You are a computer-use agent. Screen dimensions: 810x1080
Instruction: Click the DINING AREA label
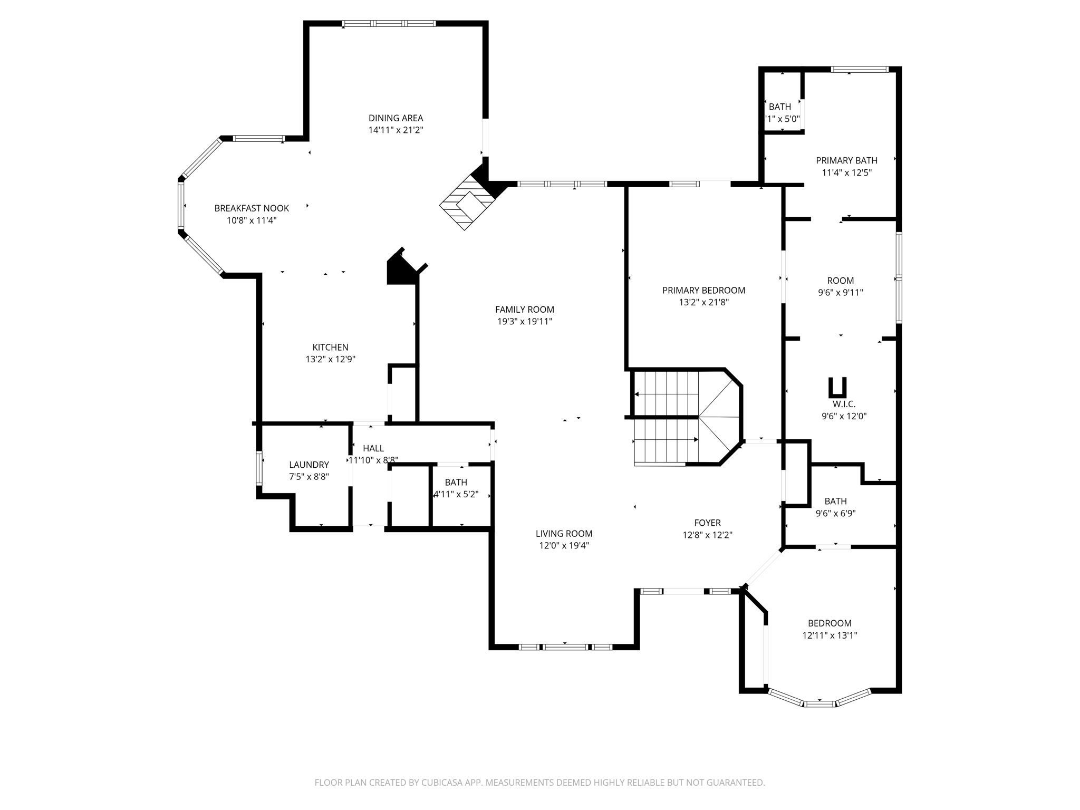coord(396,118)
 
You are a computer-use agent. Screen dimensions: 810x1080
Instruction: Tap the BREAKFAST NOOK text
coord(252,208)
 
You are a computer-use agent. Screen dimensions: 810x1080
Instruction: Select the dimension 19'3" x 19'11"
coord(524,321)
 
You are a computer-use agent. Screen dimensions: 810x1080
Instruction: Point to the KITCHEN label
coord(330,347)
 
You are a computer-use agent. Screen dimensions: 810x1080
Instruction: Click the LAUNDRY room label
coord(308,465)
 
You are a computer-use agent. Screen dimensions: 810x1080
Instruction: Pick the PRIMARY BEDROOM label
coord(703,290)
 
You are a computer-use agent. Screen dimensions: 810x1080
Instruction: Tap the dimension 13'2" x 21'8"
coord(703,302)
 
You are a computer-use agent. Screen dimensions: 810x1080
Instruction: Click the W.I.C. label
coord(844,404)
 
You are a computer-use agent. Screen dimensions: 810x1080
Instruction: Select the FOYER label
coord(707,523)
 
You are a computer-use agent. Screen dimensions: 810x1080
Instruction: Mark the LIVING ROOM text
coord(564,534)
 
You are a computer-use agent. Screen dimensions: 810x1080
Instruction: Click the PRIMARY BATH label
coord(846,160)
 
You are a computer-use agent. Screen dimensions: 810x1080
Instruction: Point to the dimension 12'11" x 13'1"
coord(830,635)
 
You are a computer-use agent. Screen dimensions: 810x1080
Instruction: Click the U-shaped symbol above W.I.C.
coord(837,388)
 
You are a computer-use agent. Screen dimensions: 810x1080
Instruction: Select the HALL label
coord(373,448)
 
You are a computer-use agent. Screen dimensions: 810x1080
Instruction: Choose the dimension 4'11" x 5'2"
coord(456,495)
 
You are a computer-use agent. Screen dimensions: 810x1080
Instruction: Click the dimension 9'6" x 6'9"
coord(835,513)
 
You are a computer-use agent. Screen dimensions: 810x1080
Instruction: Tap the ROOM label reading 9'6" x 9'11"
coord(840,281)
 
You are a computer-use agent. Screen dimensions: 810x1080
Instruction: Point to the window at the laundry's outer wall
coord(259,468)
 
